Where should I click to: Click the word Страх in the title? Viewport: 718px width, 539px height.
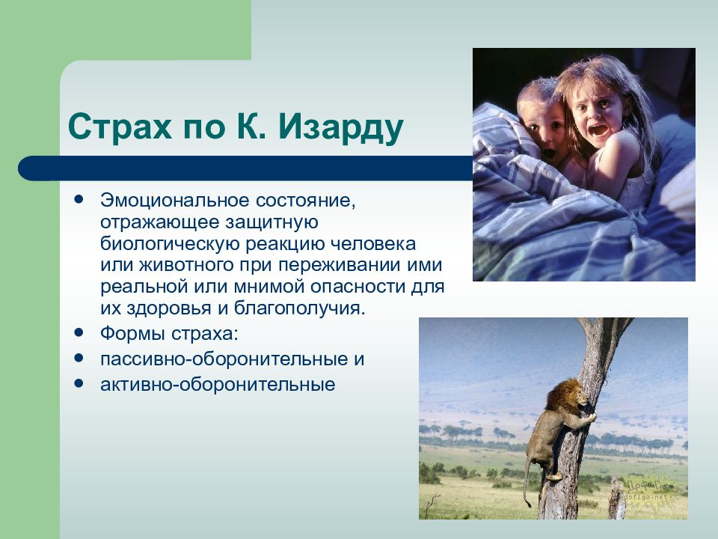pyautogui.click(x=120, y=126)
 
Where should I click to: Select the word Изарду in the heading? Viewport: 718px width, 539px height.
pyautogui.click(x=341, y=127)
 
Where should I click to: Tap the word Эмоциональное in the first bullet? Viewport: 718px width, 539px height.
pyautogui.click(x=175, y=201)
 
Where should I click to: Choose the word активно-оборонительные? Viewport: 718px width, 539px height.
pyautogui.click(x=218, y=384)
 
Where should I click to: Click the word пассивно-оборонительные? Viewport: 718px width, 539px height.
pyautogui.click(x=224, y=359)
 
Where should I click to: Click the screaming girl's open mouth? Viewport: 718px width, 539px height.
pyautogui.click(x=598, y=130)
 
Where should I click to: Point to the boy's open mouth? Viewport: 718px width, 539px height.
pyautogui.click(x=548, y=153)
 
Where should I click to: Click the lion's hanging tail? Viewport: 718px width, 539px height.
pyautogui.click(x=527, y=481)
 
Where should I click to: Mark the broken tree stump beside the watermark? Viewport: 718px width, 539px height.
pyautogui.click(x=616, y=499)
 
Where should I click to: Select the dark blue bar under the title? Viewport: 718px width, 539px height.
pyautogui.click(x=246, y=168)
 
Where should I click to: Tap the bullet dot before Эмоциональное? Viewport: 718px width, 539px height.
pyautogui.click(x=79, y=199)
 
